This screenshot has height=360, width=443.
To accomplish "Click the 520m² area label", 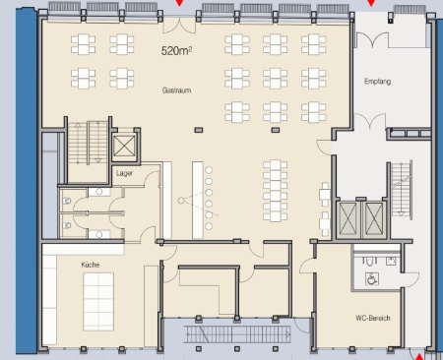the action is click(176, 51).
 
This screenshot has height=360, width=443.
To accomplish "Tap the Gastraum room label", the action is click(176, 90).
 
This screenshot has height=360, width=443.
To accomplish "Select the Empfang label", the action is click(377, 82).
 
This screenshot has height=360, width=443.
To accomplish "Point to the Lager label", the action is click(124, 173).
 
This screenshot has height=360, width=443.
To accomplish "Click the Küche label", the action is click(91, 265).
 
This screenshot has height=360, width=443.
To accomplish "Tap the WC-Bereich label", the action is click(373, 318).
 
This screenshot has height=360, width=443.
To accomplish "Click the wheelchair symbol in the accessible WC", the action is click(372, 279).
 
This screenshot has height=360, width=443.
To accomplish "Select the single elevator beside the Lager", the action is click(124, 147).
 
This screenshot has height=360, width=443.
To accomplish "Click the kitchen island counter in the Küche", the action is click(98, 302).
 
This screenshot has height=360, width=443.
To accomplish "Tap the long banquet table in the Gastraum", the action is click(276, 191).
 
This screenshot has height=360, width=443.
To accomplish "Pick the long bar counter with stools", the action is click(198, 200).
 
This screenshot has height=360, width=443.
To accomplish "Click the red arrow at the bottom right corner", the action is click(419, 356).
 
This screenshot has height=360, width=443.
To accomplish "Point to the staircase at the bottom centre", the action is click(237, 334).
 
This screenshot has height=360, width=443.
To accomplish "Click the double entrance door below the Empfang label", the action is click(370, 121).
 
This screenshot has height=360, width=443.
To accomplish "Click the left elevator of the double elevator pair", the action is click(348, 219).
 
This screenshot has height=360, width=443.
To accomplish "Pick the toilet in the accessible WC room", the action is click(370, 262).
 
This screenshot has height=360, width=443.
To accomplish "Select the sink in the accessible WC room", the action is click(391, 262).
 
